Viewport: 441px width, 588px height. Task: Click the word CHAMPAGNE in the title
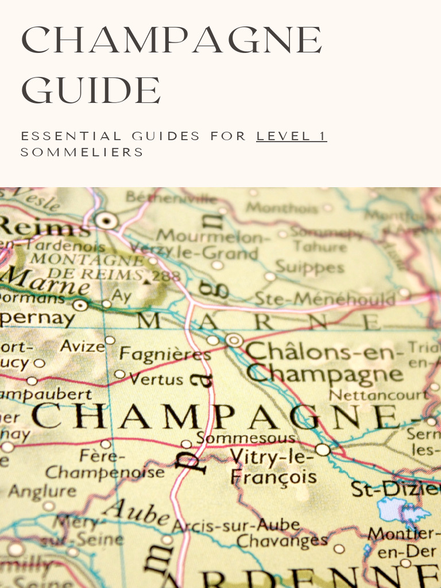(x=172, y=42)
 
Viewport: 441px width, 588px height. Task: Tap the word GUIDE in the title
(x=91, y=90)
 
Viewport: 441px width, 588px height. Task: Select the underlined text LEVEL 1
(x=291, y=136)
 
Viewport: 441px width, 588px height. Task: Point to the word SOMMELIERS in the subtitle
(x=82, y=152)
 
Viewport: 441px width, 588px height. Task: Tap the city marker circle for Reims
(x=106, y=219)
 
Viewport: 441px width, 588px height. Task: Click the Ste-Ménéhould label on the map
(x=325, y=299)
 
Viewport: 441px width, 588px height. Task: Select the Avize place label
(x=82, y=346)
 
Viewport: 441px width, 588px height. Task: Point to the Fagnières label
(x=165, y=355)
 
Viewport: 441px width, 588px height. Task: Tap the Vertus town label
(x=156, y=379)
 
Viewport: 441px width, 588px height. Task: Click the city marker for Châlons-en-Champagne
(x=234, y=340)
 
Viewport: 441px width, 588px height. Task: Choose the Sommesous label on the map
(x=246, y=439)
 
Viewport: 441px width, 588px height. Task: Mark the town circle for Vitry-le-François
(x=323, y=450)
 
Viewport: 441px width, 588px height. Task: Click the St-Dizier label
(x=396, y=489)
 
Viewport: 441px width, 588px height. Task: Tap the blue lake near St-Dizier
(x=402, y=510)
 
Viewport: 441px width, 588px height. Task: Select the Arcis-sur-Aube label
(x=236, y=525)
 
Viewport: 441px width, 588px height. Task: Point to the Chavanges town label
(x=282, y=540)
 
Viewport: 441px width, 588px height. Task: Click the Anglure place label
(x=41, y=492)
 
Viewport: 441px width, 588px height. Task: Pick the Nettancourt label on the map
(x=378, y=395)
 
